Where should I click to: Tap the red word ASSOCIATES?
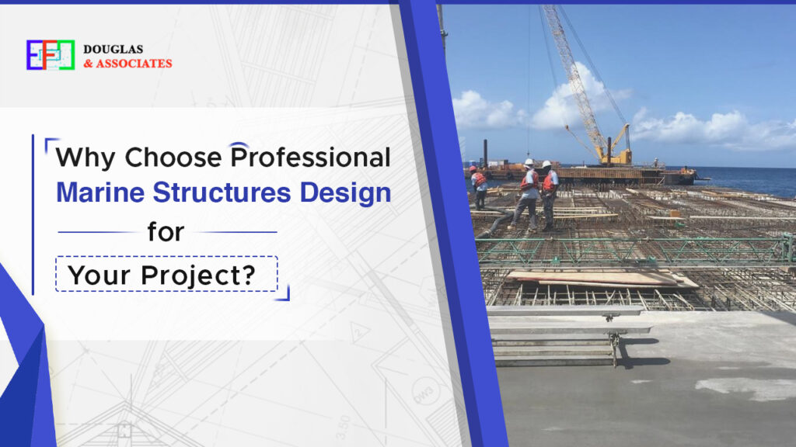coord(134,63)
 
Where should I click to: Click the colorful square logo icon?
coord(50,55)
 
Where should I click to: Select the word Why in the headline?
coord(86,157)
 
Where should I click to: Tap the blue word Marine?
coord(100,193)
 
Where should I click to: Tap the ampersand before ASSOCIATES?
coord(88,64)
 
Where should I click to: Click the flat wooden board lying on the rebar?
coord(599,278)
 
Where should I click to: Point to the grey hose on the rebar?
coord(493,225)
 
